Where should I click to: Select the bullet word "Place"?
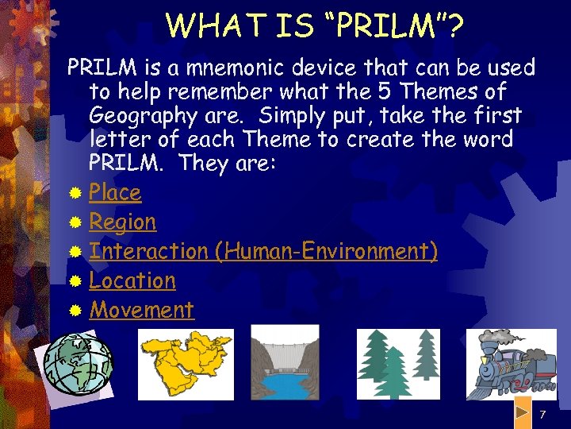coord(115,192)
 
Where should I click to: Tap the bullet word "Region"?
coord(123,222)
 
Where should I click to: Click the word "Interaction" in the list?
coord(148,251)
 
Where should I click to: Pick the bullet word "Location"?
coord(132,280)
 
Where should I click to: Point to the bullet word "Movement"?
coord(142,310)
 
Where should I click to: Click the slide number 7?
coord(542,415)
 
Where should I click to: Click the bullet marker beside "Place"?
coord(75,193)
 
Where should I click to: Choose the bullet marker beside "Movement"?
coord(75,311)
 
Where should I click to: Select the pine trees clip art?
coord(397,362)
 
